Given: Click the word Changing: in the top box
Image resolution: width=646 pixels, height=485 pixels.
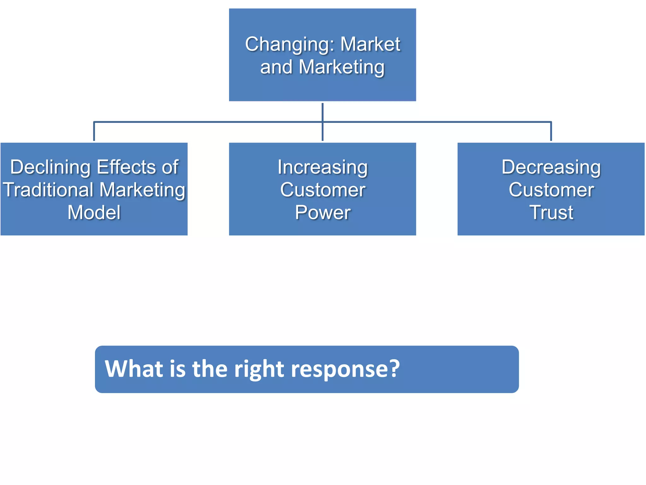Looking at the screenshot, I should pyautogui.click(x=289, y=45).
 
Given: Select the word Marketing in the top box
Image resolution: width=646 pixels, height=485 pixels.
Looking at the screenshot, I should pyautogui.click(x=341, y=67).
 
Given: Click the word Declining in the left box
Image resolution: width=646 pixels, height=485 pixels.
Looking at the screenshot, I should pyautogui.click(x=50, y=167).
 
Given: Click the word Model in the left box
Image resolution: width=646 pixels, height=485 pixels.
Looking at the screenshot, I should pyautogui.click(x=94, y=213).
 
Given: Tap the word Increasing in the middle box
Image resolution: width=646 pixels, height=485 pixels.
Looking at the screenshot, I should pyautogui.click(x=322, y=167).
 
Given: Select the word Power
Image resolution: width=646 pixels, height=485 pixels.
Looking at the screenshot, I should pyautogui.click(x=322, y=213).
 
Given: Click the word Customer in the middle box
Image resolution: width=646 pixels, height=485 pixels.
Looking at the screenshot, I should pyautogui.click(x=322, y=190).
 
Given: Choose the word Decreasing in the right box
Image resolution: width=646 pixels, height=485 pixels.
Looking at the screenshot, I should pyautogui.click(x=551, y=167).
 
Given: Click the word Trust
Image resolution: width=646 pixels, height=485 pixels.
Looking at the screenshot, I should pyautogui.click(x=551, y=213).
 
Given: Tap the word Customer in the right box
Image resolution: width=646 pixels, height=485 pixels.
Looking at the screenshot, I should pyautogui.click(x=551, y=190).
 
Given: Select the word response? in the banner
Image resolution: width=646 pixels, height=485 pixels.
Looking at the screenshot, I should pyautogui.click(x=345, y=369).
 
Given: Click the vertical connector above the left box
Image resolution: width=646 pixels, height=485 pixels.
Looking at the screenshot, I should pyautogui.click(x=94, y=131).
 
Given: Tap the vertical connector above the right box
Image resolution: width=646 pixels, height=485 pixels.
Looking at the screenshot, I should pyautogui.click(x=551, y=131).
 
